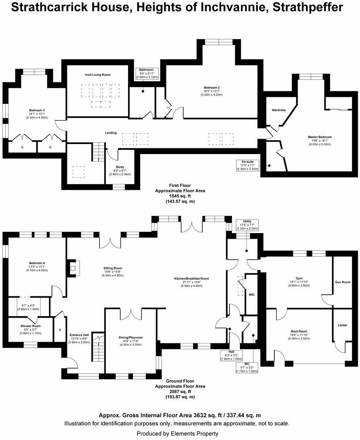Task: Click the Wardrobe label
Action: tap(279, 110)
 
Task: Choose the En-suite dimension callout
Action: tap(248, 165)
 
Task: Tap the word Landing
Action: tap(111, 133)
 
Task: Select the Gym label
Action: tap(298, 279)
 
